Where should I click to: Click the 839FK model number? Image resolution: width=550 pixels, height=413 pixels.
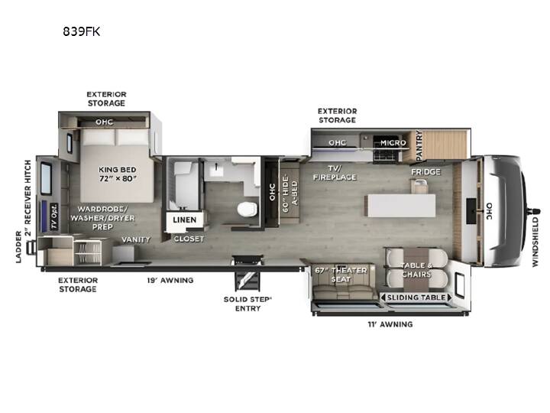[82, 31]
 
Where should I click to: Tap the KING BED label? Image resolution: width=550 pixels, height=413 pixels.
[118, 170]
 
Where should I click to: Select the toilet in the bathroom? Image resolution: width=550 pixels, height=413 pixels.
[247, 210]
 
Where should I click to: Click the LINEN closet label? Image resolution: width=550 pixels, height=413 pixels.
[185, 220]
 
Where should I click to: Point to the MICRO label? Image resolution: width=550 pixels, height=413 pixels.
[393, 143]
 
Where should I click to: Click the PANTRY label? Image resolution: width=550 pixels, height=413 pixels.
[419, 146]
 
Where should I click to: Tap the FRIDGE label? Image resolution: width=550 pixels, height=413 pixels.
[425, 172]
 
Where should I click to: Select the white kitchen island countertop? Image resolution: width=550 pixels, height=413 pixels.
[401, 206]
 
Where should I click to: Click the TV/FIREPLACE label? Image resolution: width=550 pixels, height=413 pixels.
[335, 173]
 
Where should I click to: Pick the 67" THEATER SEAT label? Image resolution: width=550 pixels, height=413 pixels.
[341, 275]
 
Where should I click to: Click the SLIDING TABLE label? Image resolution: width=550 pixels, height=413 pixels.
[416, 298]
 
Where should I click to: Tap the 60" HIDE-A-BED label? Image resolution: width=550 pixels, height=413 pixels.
[290, 193]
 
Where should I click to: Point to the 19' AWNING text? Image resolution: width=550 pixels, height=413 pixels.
[170, 280]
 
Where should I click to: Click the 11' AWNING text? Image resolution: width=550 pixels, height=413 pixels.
[390, 324]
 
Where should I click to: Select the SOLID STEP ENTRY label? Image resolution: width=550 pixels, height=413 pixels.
[247, 304]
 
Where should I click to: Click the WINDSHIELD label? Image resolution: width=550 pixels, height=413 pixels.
[535, 242]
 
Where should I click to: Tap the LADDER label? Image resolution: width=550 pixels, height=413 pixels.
[18, 247]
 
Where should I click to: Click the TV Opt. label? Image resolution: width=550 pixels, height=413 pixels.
[53, 216]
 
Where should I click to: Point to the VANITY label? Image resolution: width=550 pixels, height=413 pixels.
[136, 239]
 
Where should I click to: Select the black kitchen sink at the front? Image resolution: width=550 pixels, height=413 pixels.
[471, 211]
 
